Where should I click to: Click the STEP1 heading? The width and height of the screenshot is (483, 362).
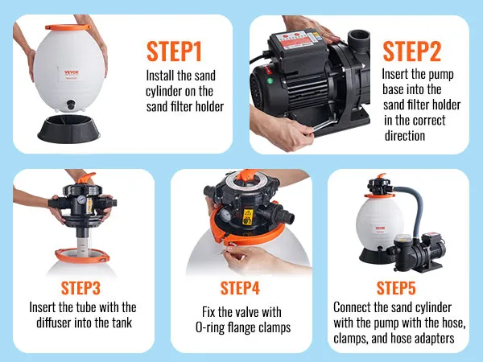tap(174, 51)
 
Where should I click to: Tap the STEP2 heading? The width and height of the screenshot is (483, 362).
tap(412, 51)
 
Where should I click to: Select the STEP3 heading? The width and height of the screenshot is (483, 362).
tap(80, 289)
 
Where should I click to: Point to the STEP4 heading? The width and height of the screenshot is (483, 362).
tap(240, 289)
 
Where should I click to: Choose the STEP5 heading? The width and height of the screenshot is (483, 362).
tap(396, 289)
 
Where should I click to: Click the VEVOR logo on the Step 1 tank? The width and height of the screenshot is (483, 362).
tap(72, 73)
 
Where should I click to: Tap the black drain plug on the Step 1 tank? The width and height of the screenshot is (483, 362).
tap(71, 105)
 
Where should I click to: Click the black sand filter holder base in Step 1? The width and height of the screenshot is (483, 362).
tap(68, 129)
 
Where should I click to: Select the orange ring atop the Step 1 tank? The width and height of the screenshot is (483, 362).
tap(68, 27)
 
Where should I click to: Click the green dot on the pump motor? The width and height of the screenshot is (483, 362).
tap(270, 81)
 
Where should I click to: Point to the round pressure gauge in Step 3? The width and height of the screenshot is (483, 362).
tap(81, 200)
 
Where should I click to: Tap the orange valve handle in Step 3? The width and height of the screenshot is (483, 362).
tap(86, 178)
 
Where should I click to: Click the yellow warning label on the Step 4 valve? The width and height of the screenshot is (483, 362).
tap(248, 216)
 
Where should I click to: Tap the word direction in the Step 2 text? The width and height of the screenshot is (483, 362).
tap(405, 135)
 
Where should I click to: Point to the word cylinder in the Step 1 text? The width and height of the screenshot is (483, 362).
tap(164, 92)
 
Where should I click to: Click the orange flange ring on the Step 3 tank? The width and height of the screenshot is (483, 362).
tap(82, 255)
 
